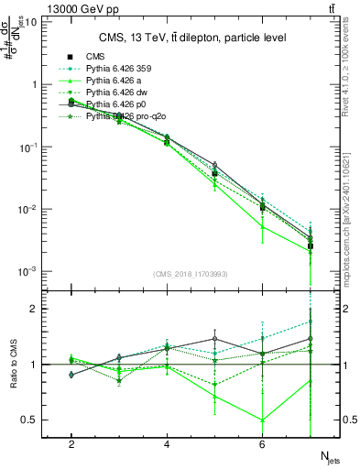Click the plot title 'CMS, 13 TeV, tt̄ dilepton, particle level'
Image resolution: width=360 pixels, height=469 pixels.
(x=192, y=38)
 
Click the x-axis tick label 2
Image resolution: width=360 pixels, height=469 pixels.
(x=71, y=444)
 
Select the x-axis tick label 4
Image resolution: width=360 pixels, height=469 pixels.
(x=167, y=444)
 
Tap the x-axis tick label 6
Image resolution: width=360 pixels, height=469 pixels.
(x=262, y=444)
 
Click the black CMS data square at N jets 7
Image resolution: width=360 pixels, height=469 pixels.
(x=311, y=246)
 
